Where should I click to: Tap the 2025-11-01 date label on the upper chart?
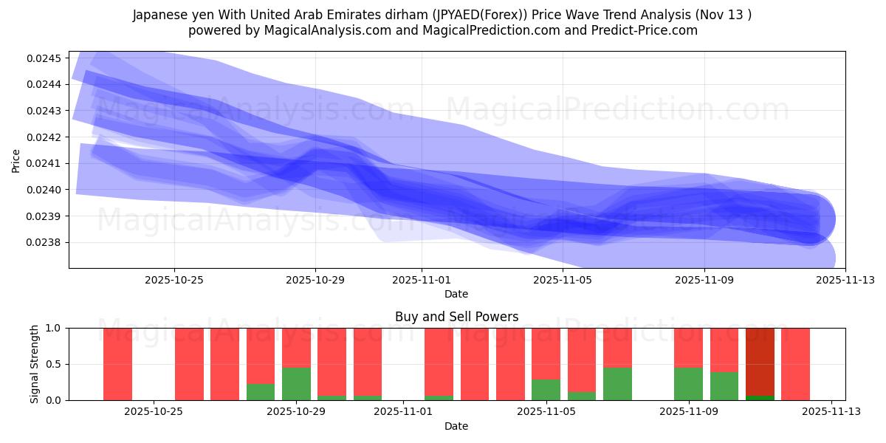pos(422,280)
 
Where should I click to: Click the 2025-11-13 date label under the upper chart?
pos(845,280)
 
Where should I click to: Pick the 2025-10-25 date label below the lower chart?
pos(154,412)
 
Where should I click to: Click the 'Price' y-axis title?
pos(16,159)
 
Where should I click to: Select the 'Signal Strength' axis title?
pos(35,364)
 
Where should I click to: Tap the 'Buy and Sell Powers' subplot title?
pos(456,317)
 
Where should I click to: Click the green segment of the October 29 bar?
pos(296,384)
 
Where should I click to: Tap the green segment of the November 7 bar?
pos(617,384)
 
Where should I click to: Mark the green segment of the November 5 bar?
pos(546,390)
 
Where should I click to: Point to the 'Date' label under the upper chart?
pos(456,294)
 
